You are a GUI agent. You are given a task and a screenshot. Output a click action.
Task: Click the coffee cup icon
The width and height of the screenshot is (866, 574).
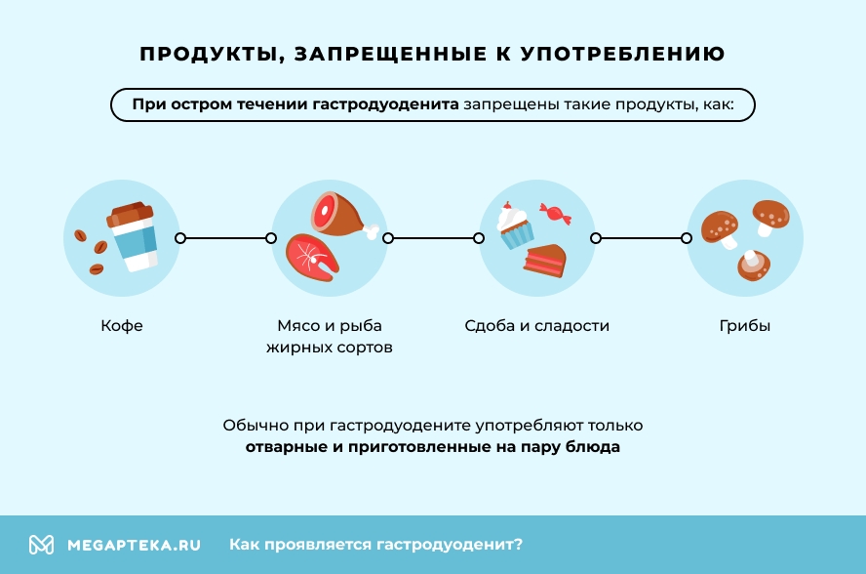133,236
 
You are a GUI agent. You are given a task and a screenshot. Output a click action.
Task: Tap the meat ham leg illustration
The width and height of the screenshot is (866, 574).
342,216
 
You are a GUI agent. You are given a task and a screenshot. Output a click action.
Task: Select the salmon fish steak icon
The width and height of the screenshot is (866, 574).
312,257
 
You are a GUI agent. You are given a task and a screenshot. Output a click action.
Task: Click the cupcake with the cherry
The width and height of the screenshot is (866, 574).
515,225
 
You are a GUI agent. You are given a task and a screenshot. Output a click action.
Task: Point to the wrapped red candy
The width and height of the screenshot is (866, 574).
555,214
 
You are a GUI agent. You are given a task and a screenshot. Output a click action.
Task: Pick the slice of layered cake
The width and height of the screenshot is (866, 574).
545,261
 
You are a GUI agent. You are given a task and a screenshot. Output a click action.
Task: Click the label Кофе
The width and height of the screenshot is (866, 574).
122,326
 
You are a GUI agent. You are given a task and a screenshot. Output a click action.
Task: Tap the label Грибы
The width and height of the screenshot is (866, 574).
744,326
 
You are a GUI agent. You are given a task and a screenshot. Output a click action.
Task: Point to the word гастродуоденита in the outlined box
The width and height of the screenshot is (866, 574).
385,104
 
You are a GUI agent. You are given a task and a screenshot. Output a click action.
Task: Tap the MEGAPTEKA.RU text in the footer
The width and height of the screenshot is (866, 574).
134,546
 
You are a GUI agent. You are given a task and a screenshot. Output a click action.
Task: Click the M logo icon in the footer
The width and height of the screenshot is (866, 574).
41,545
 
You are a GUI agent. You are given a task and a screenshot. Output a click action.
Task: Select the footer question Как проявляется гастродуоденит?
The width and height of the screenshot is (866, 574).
375,545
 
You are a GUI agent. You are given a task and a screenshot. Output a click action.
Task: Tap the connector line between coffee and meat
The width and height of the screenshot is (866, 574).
225,238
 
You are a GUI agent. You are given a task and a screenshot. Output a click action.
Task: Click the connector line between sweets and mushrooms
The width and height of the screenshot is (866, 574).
641,238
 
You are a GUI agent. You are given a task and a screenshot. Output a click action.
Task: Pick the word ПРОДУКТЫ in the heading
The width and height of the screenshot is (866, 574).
210,55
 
